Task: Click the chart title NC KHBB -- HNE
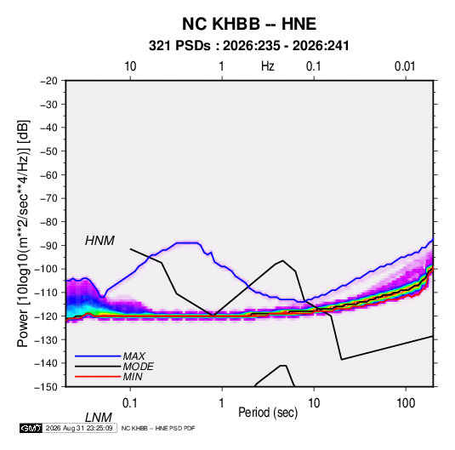249,24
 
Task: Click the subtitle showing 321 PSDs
248,46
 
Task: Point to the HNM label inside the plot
100,241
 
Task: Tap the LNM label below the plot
99,418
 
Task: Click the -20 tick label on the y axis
48,81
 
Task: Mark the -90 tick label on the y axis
48,245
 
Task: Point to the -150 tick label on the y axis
46,387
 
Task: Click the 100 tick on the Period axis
406,403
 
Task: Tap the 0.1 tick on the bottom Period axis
130,403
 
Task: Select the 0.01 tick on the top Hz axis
405,66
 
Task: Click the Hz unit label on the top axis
268,66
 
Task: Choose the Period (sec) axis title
268,413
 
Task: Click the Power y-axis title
23,233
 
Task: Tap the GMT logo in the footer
31,428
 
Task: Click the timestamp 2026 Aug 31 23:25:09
79,428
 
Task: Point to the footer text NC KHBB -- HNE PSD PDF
158,428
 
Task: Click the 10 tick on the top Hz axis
130,66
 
